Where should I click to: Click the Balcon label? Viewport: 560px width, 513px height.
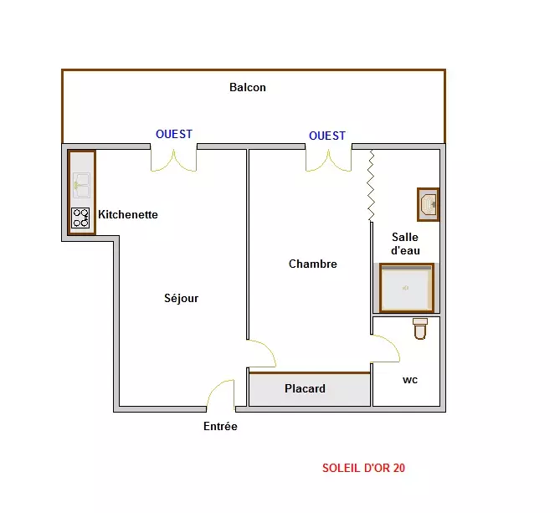[x=248, y=88]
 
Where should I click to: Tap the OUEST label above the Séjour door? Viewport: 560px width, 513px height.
[x=174, y=134]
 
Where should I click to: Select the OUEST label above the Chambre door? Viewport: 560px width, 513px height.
[x=327, y=136]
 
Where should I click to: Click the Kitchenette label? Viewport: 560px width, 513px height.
[x=128, y=214]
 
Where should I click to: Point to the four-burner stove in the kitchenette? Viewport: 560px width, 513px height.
[x=80, y=218]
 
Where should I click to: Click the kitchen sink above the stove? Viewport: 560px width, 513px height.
[x=81, y=185]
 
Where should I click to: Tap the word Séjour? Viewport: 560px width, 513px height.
[x=181, y=298]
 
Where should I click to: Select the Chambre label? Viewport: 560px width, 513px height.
[x=313, y=264]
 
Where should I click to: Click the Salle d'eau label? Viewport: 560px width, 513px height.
[x=405, y=244]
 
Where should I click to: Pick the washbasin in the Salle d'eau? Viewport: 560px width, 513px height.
[x=429, y=204]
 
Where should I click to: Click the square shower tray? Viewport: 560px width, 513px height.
[x=407, y=288]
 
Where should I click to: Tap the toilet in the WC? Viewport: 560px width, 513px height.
[x=420, y=328]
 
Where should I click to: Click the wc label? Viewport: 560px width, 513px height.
[x=410, y=380]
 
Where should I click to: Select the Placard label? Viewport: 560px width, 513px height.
[x=305, y=388]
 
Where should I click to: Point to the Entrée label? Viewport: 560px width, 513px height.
[x=220, y=426]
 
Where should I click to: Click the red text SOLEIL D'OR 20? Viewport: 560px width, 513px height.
[x=363, y=468]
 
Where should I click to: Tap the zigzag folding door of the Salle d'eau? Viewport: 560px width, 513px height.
[x=371, y=185]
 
